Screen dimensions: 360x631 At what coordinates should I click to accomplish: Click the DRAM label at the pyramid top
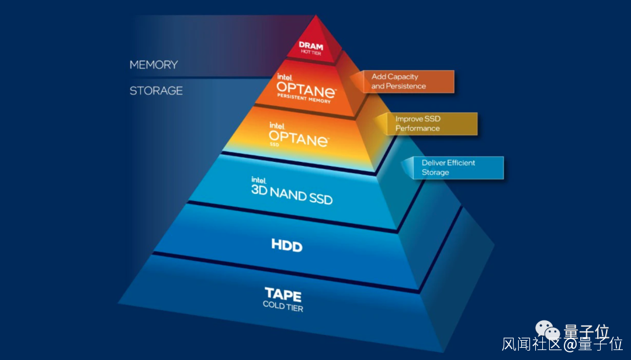[x=311, y=45]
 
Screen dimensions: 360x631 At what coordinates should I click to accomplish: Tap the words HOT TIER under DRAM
[x=310, y=53]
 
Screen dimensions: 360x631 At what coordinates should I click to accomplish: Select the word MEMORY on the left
[x=154, y=64]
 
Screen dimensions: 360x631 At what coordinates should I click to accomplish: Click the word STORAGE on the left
[x=156, y=91]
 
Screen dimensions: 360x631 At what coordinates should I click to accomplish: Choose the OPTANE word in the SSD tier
[x=299, y=140]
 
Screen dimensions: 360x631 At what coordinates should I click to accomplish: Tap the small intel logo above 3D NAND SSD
[x=259, y=180]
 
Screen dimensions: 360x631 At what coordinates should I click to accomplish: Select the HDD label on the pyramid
[x=287, y=245]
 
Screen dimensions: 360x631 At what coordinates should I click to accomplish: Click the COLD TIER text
[x=283, y=306]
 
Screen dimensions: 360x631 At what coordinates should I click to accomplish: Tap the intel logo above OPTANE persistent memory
[x=285, y=77]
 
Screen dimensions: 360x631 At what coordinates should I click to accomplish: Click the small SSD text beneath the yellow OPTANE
[x=274, y=145]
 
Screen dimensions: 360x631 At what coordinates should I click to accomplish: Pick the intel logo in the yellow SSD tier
[x=276, y=126]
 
